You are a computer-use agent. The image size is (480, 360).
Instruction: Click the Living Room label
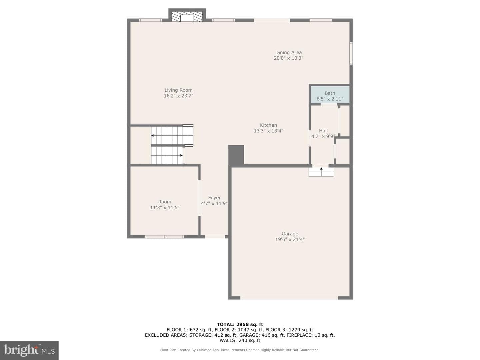tap(178, 90)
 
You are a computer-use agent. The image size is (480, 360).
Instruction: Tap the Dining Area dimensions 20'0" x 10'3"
tap(288, 58)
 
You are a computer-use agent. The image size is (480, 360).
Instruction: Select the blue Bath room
tap(330, 95)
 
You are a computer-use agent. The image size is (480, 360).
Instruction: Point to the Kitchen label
tap(268, 125)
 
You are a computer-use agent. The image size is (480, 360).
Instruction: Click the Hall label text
tap(323, 131)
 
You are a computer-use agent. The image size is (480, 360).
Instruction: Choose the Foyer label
tap(214, 198)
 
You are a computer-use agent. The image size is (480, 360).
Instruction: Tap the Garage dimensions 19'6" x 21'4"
tap(290, 239)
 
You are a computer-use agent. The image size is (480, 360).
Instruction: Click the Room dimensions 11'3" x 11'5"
tap(165, 207)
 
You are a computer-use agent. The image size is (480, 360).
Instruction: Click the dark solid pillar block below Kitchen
tap(236, 155)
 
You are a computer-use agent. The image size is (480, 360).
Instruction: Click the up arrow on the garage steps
tap(321, 171)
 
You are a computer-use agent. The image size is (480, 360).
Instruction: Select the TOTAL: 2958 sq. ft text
tap(240, 324)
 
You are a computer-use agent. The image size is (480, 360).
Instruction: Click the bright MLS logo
tap(29, 350)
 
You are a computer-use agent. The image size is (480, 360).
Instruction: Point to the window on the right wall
tap(351, 53)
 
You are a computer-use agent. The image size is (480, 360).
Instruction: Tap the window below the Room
tap(164, 237)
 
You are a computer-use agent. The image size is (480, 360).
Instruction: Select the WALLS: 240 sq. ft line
tap(240, 340)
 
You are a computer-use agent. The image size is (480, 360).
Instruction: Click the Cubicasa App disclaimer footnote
tap(240, 350)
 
